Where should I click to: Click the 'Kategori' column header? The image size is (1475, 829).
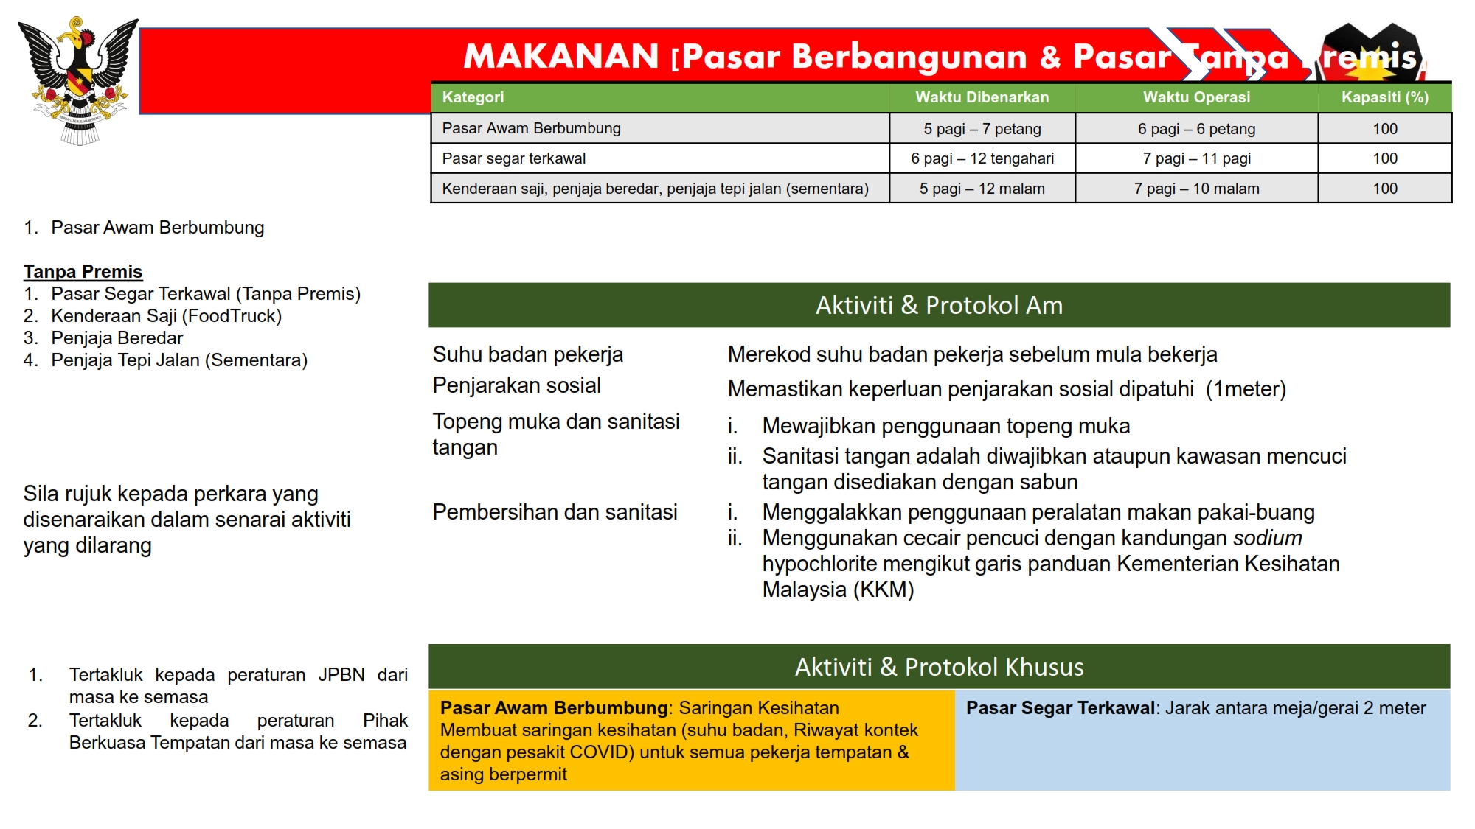pyautogui.click(x=473, y=97)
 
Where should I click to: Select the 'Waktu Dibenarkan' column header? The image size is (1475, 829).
pyautogui.click(x=982, y=97)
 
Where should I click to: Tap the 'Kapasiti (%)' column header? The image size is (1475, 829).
pyautogui.click(x=1384, y=97)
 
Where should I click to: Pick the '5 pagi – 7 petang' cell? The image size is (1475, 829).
pyautogui.click(x=982, y=129)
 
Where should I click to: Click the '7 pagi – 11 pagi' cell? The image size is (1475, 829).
pyautogui.click(x=1196, y=158)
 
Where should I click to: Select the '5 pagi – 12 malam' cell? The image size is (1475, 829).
pyautogui.click(x=982, y=189)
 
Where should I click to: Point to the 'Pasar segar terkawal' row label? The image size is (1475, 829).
pyautogui.click(x=513, y=158)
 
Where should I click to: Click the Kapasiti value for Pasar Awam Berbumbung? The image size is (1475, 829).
pyautogui.click(x=1384, y=129)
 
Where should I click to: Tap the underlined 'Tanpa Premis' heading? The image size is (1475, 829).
pyautogui.click(x=83, y=272)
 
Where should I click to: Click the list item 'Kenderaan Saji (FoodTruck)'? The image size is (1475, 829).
pyautogui.click(x=166, y=316)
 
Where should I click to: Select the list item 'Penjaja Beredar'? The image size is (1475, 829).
pyautogui.click(x=117, y=338)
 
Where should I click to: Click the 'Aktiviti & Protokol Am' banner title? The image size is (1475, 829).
pyautogui.click(x=939, y=305)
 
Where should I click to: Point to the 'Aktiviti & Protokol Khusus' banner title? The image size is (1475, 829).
pyautogui.click(x=939, y=667)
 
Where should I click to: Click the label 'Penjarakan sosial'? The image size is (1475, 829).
pyautogui.click(x=516, y=385)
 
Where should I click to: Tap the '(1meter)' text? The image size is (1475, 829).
pyautogui.click(x=1246, y=389)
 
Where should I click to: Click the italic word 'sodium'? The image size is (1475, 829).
pyautogui.click(x=1268, y=538)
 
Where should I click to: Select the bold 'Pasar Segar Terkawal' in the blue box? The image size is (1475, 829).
pyautogui.click(x=1061, y=708)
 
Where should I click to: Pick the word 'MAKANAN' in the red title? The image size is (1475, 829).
pyautogui.click(x=560, y=57)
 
